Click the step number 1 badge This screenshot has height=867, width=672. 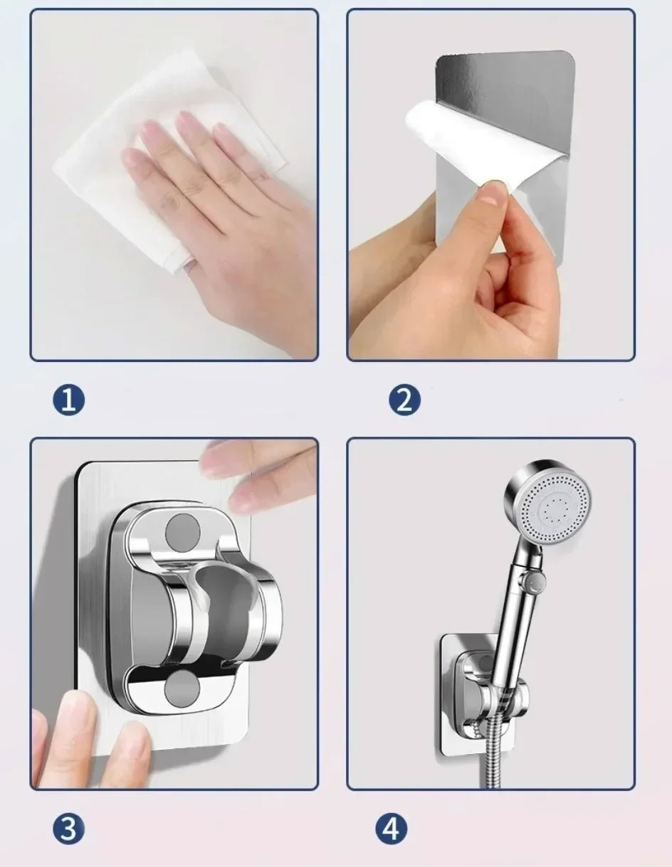tap(68, 400)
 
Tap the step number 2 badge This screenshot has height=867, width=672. tap(404, 400)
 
